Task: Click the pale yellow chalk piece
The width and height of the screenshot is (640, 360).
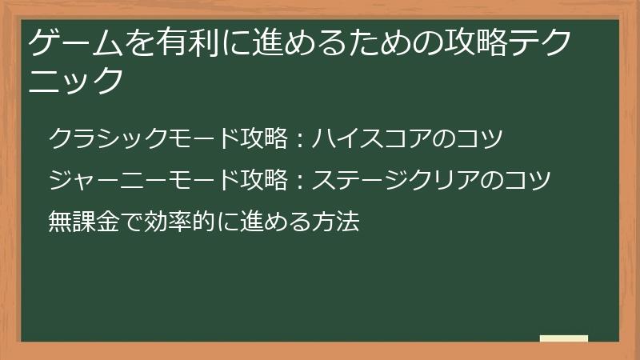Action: (x=564, y=338)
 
